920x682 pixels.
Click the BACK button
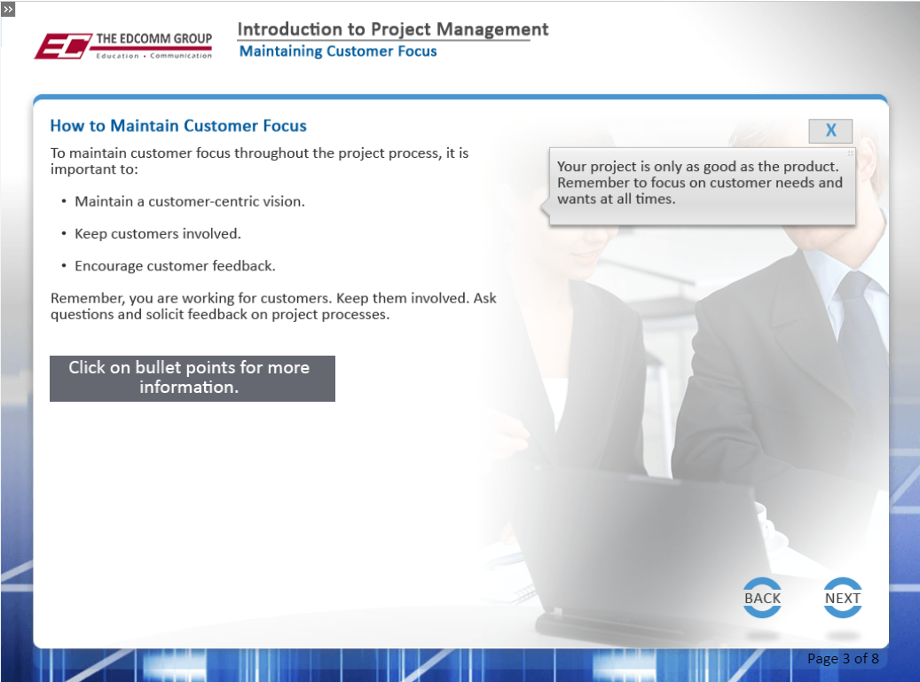[762, 598]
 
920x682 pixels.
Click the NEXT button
[843, 598]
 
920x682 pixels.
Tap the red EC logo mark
[63, 46]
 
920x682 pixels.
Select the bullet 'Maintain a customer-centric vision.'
[190, 201]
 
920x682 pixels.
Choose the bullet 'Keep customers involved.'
[158, 233]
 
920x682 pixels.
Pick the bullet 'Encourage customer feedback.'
[175, 266]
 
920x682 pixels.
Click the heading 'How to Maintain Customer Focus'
[178, 126]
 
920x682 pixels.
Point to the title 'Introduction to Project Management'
[392, 29]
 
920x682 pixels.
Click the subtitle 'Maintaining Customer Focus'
[338, 51]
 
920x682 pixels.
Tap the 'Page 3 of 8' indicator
[843, 659]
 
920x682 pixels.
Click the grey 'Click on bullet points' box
[193, 378]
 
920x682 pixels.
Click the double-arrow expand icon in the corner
[8, 9]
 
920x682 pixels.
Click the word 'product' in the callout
[814, 167]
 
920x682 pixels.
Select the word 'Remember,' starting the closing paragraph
[88, 299]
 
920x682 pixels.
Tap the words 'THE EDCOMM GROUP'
[154, 39]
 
